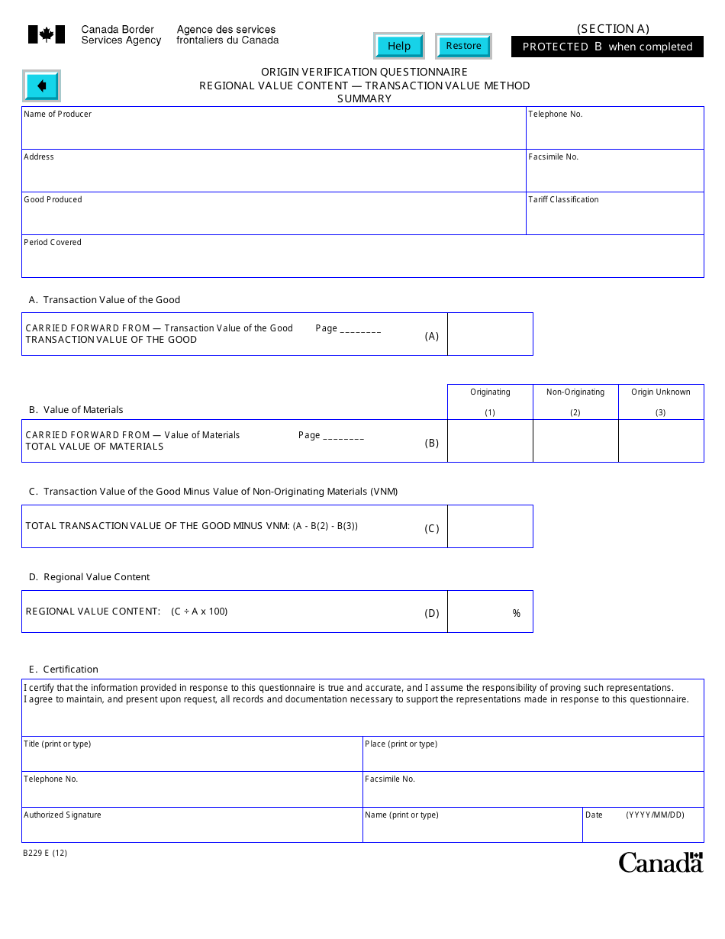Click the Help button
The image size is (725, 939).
pyautogui.click(x=398, y=46)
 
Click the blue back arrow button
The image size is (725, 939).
pyautogui.click(x=42, y=86)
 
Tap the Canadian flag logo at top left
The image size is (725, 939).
pyautogui.click(x=47, y=34)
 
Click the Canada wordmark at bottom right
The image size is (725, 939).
pyautogui.click(x=660, y=862)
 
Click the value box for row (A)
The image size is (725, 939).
pyautogui.click(x=490, y=334)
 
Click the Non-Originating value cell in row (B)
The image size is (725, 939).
pyautogui.click(x=575, y=441)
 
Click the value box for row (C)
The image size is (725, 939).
pyautogui.click(x=490, y=527)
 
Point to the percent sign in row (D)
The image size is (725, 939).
pyautogui.click(x=517, y=614)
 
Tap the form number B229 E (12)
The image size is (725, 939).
pyautogui.click(x=45, y=853)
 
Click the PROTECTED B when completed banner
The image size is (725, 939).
pyautogui.click(x=607, y=47)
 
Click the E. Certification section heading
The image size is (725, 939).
pyautogui.click(x=64, y=670)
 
